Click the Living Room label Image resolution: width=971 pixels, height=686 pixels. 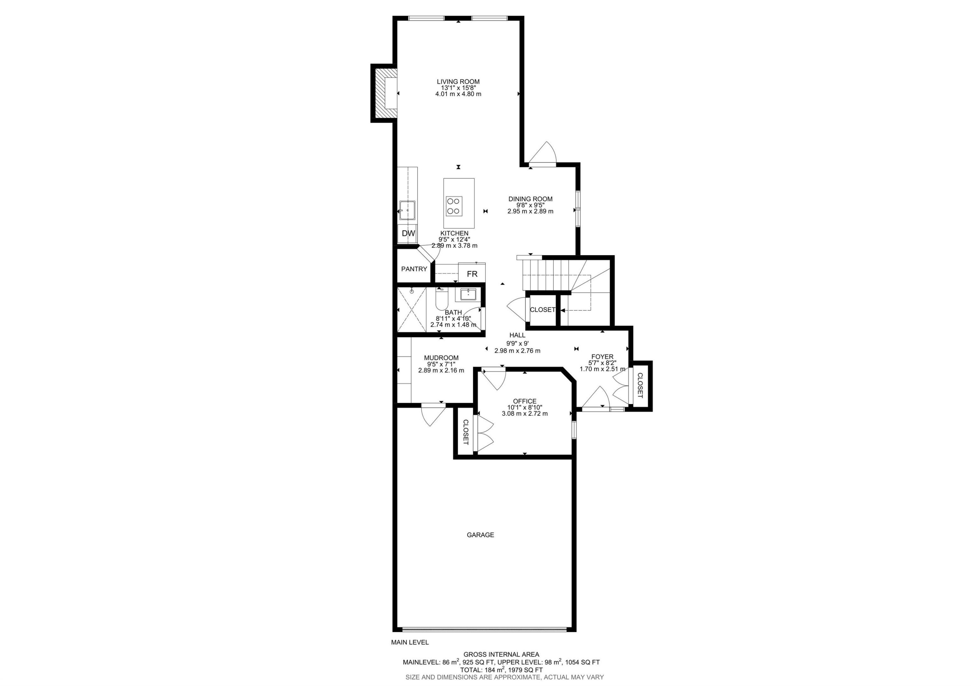pyautogui.click(x=458, y=82)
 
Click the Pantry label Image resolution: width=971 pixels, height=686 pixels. pyautogui.click(x=414, y=269)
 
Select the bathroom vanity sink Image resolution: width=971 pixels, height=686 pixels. pyautogui.click(x=468, y=294)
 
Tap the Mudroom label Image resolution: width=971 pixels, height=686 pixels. pyautogui.click(x=441, y=358)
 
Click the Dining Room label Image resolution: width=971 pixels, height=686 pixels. pyautogui.click(x=530, y=199)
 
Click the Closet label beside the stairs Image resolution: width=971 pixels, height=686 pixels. pyautogui.click(x=542, y=309)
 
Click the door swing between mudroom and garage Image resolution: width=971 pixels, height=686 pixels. pyautogui.click(x=433, y=415)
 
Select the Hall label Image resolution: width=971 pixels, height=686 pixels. pyautogui.click(x=517, y=335)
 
